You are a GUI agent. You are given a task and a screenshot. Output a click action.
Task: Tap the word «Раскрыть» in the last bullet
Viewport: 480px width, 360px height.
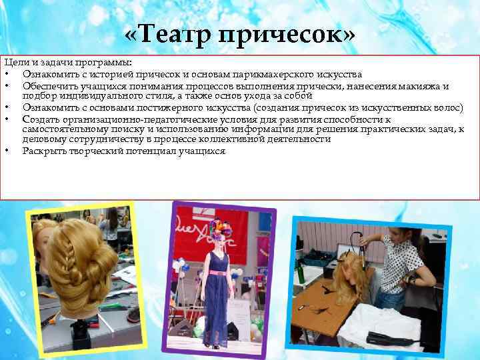(x=45, y=151)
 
